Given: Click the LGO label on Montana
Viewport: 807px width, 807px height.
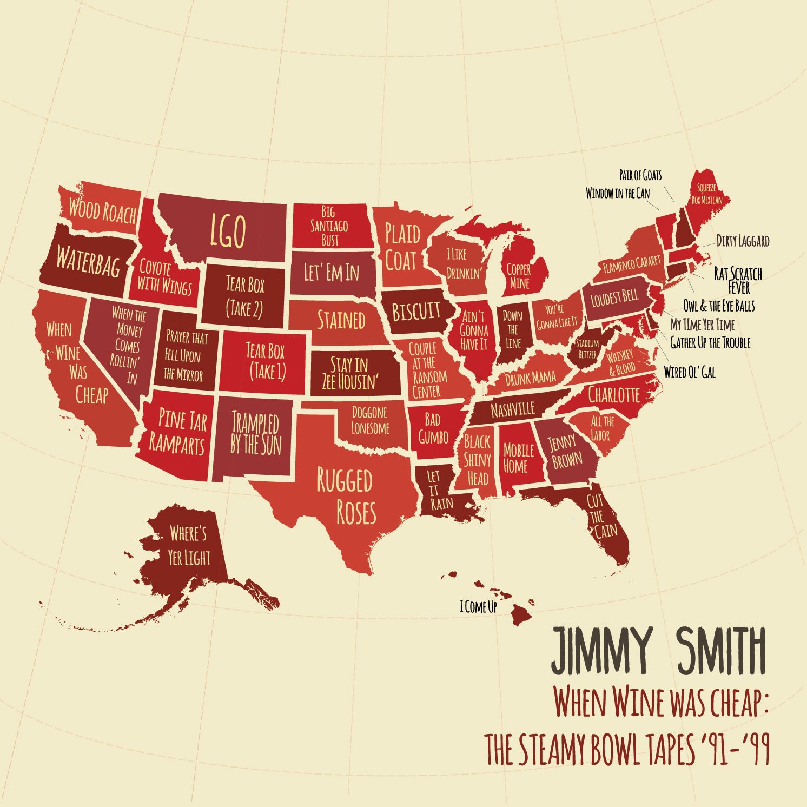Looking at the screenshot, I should (x=228, y=231).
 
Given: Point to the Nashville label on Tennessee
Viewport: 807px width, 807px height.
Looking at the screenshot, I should (x=512, y=409).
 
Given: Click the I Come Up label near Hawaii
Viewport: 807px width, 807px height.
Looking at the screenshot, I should (x=478, y=607).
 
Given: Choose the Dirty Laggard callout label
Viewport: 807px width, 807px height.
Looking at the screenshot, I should (x=742, y=241).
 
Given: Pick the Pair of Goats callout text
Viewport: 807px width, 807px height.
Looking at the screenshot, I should (x=640, y=175).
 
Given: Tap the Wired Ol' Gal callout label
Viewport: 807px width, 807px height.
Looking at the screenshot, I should (x=689, y=372).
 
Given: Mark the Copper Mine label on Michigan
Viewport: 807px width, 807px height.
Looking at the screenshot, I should (x=519, y=276).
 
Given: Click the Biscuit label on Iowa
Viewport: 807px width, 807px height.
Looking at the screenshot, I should (x=416, y=312).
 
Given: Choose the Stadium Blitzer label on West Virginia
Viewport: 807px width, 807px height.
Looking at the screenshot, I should (x=587, y=349).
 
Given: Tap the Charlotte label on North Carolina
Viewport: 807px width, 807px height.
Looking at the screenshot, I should (x=613, y=394).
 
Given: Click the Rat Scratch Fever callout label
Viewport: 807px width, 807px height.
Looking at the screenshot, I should (x=737, y=279).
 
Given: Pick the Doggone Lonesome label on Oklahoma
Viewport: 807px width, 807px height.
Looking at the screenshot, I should (x=370, y=420).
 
